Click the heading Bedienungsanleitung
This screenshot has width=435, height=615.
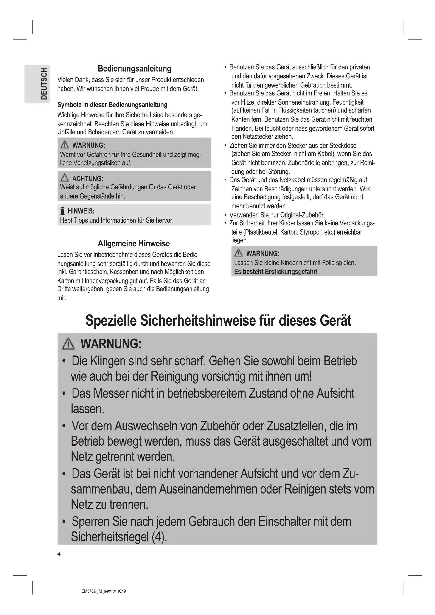[x=134, y=69]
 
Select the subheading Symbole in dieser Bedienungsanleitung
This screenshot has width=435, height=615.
[x=112, y=105]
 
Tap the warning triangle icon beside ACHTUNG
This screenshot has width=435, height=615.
[x=64, y=177]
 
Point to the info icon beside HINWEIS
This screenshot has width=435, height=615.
[x=62, y=211]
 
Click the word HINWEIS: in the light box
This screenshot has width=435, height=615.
[x=81, y=211]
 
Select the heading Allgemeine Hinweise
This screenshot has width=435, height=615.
[x=134, y=243]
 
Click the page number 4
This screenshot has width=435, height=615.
[x=59, y=554]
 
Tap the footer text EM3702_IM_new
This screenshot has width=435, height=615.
[x=97, y=591]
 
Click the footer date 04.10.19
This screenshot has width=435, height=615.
[x=119, y=591]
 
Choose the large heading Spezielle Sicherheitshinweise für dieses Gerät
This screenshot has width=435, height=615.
[x=218, y=321]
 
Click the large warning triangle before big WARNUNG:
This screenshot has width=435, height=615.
[x=68, y=344]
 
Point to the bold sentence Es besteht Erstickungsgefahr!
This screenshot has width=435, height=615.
[x=276, y=272]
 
